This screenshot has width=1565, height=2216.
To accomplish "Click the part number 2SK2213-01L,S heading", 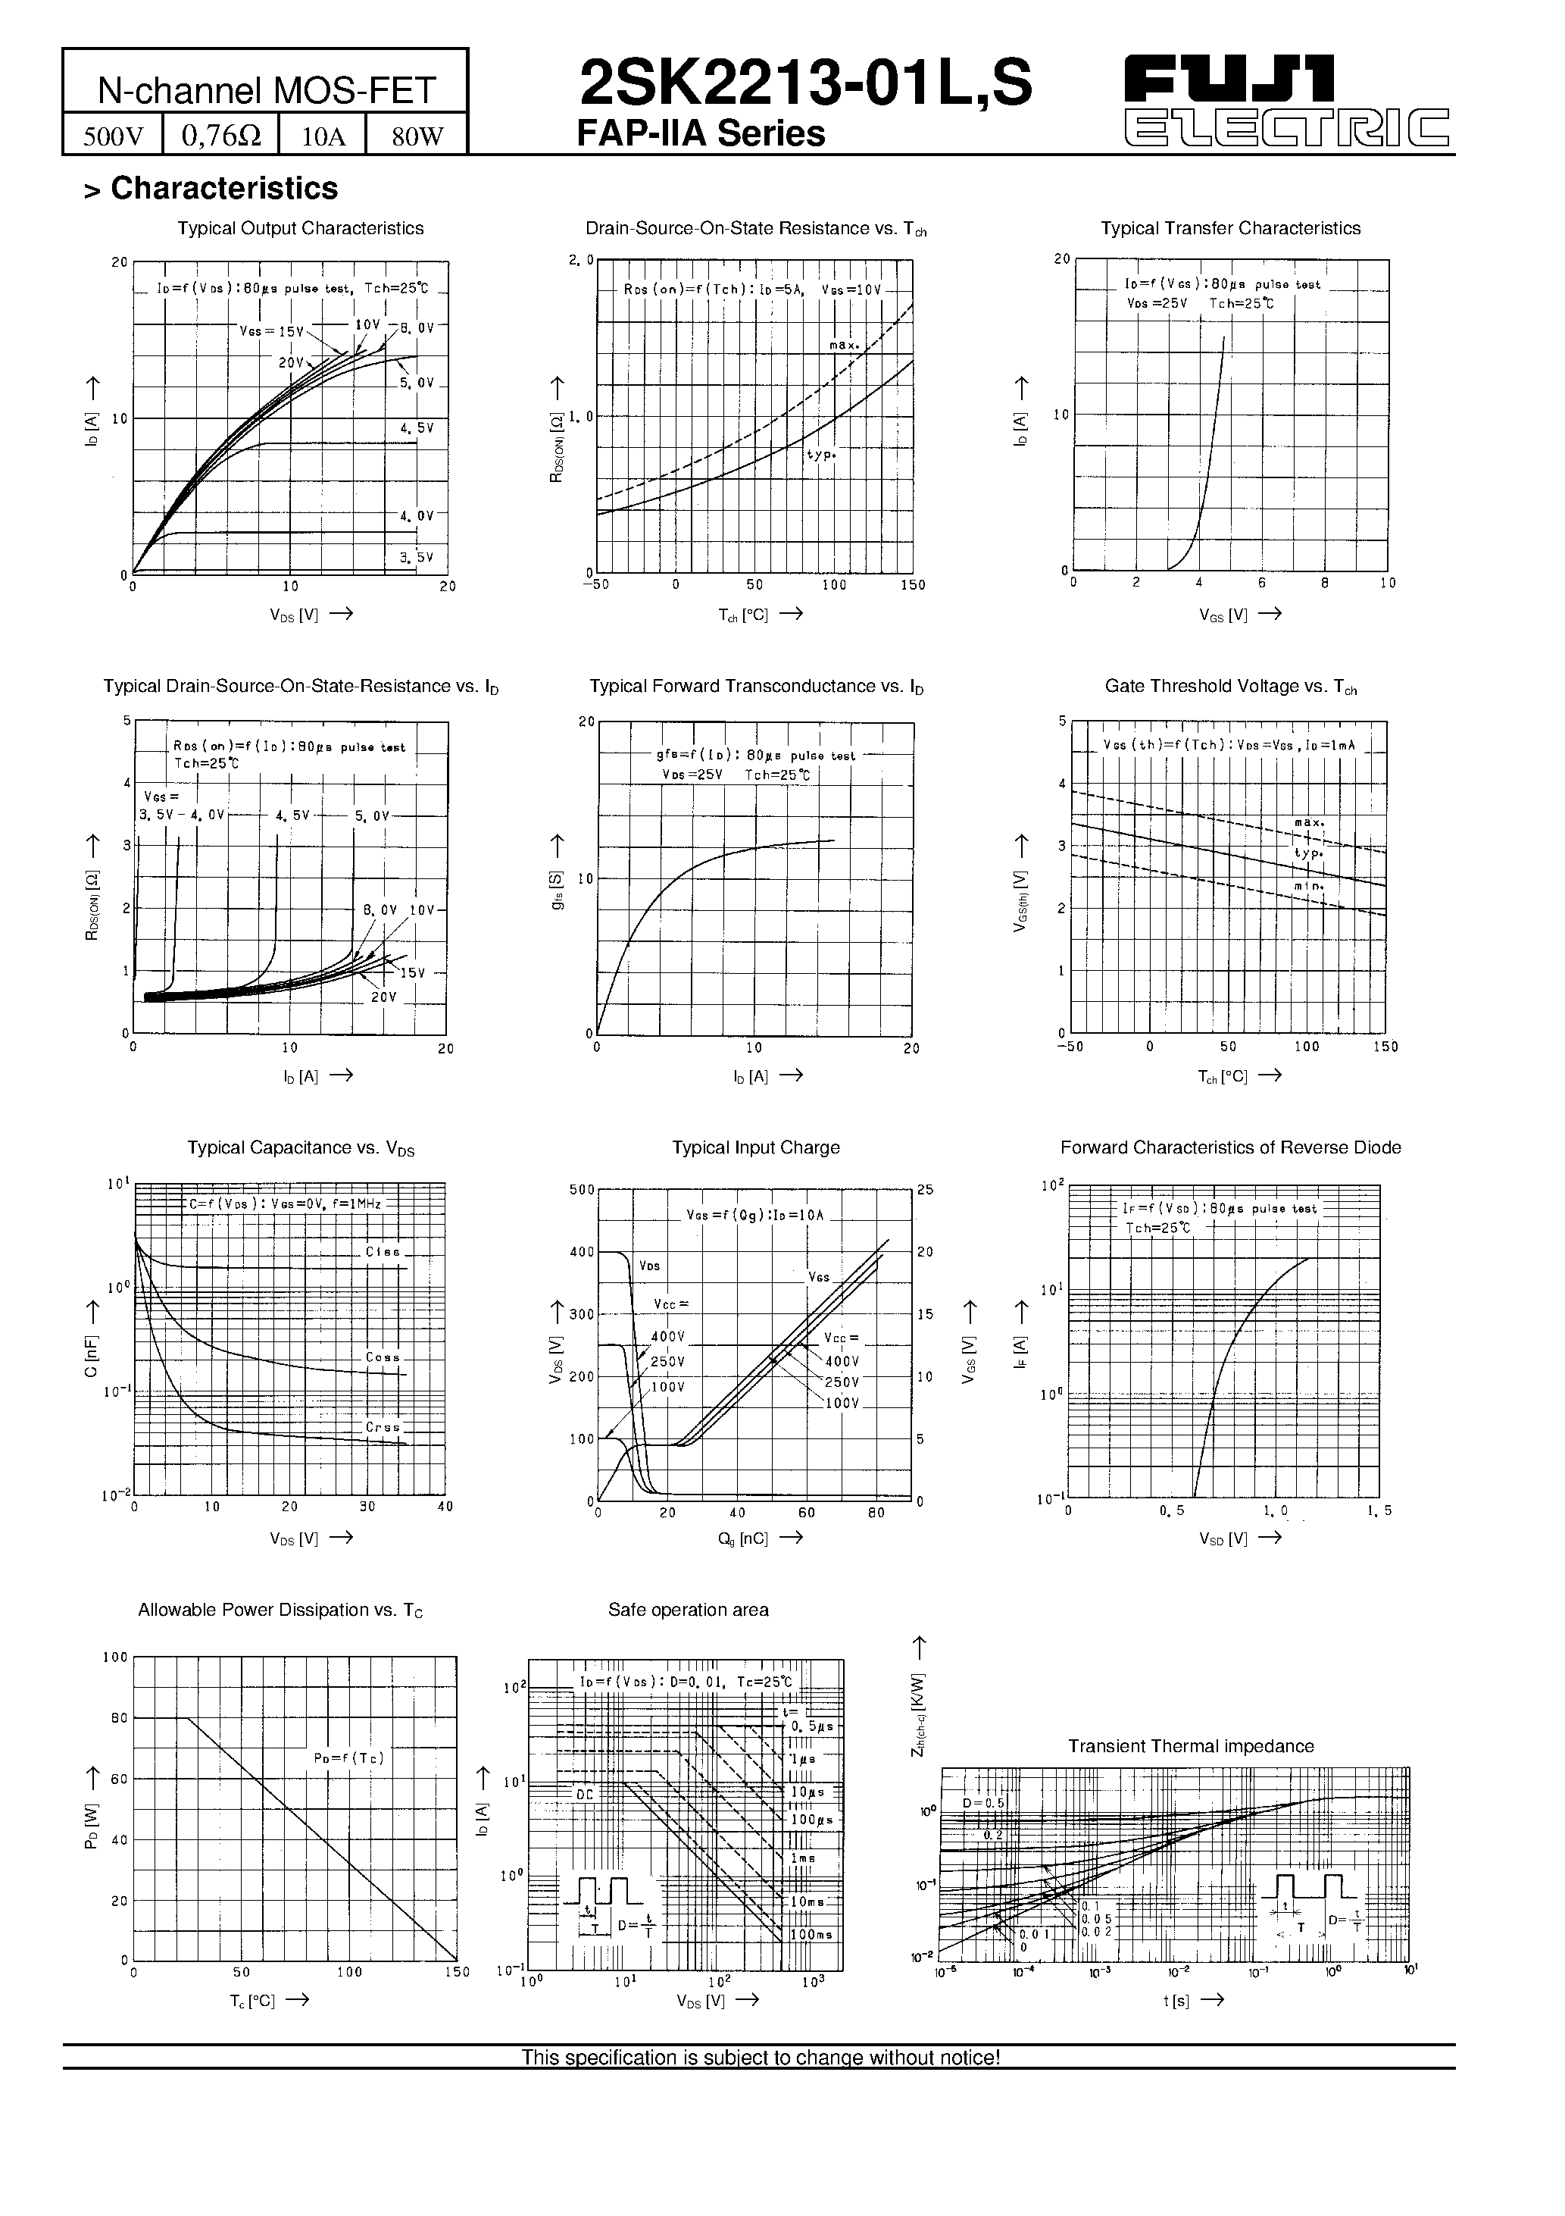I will pyautogui.click(x=806, y=84).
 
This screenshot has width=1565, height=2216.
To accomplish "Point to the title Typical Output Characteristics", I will pyautogui.click(x=300, y=229).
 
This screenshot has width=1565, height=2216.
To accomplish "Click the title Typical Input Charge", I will pyautogui.click(x=755, y=1147).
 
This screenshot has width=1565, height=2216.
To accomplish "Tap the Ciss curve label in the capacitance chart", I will pyautogui.click(x=382, y=1252).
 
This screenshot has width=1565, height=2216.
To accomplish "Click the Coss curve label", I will pyautogui.click(x=382, y=1357).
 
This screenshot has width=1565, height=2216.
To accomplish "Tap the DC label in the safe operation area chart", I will pyautogui.click(x=586, y=1793).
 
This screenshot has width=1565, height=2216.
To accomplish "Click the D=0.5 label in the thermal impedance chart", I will pyautogui.click(x=983, y=1803).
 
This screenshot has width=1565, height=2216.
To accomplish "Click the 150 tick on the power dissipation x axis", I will pyautogui.click(x=456, y=1973).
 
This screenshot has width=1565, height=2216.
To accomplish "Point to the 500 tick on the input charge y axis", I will pyautogui.click(x=582, y=1190).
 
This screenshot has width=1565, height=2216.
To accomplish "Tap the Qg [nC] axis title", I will pyautogui.click(x=742, y=1538).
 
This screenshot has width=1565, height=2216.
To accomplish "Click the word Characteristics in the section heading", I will pyautogui.click(x=224, y=188).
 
